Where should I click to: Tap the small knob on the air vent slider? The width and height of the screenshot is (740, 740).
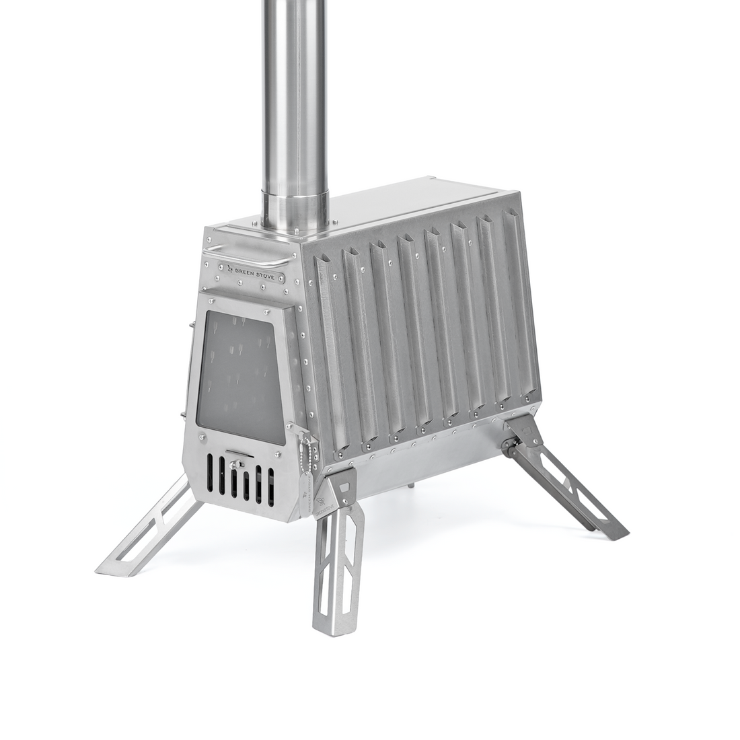pyautogui.click(x=237, y=463)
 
